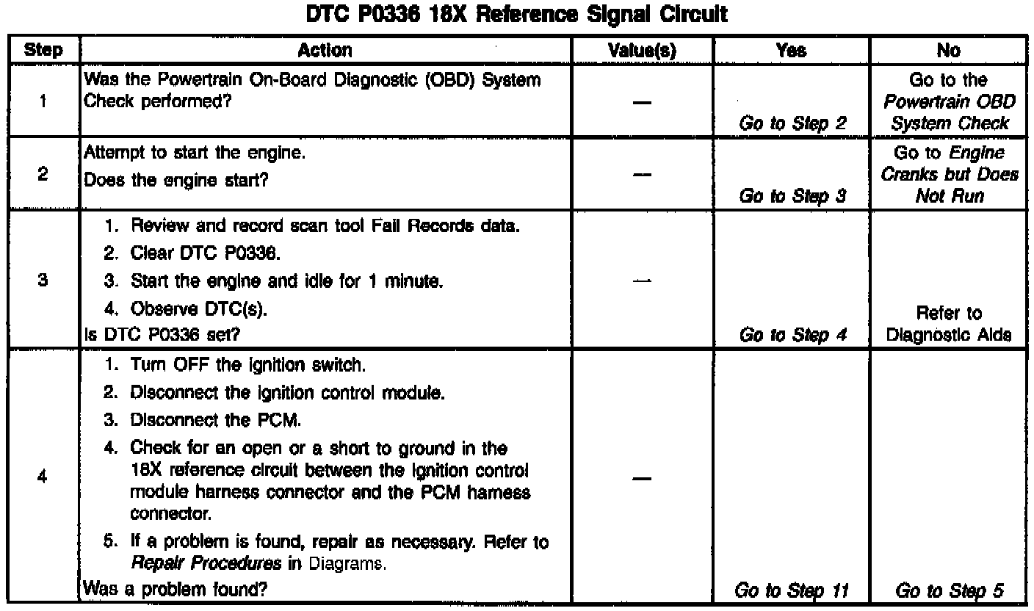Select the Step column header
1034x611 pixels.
(43, 51)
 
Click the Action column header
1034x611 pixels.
(325, 51)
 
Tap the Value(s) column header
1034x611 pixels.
(643, 51)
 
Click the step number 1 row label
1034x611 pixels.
(43, 103)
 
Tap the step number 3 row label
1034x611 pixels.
(43, 281)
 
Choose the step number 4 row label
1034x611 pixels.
(43, 477)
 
